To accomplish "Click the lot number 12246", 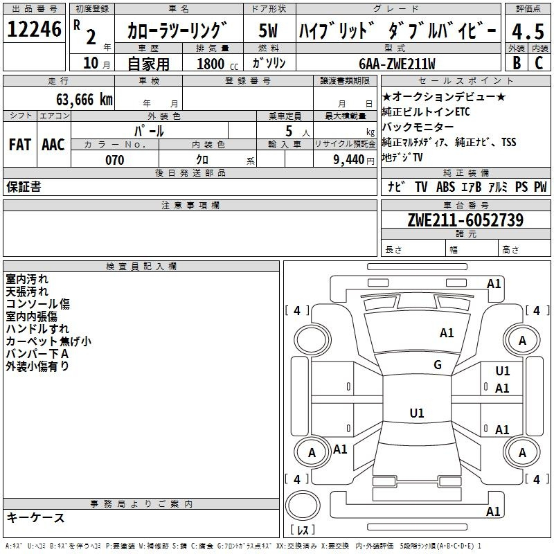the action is [x=34, y=29].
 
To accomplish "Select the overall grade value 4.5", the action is [x=528, y=31].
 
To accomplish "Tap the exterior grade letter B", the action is [x=517, y=63].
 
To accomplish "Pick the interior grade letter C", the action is [x=539, y=63].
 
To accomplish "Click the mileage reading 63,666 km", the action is [x=84, y=100].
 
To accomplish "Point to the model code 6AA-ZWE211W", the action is [x=397, y=64].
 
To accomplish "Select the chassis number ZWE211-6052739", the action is [x=465, y=220].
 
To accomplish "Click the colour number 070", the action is [x=115, y=160].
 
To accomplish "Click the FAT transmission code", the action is [x=20, y=145].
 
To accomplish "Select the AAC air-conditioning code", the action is [x=53, y=145].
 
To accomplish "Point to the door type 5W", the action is [x=268, y=30].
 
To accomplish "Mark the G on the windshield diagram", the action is [x=438, y=364].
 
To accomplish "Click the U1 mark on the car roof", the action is [x=417, y=413].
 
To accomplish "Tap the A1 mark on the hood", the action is [x=447, y=332].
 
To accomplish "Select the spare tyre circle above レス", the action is [x=303, y=505].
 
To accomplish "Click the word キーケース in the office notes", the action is [x=35, y=517].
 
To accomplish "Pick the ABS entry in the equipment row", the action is [x=445, y=186].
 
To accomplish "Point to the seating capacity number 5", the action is [x=289, y=131].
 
